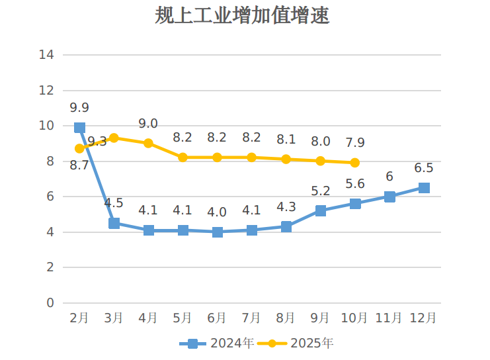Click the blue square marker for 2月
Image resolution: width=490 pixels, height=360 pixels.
pyautogui.click(x=80, y=128)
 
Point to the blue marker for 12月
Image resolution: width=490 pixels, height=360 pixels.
pyautogui.click(x=424, y=188)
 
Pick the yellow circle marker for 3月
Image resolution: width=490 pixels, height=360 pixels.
pyautogui.click(x=114, y=138)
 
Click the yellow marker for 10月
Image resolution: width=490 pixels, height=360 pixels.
pyautogui.click(x=355, y=163)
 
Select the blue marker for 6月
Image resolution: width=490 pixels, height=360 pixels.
pyautogui.click(x=218, y=232)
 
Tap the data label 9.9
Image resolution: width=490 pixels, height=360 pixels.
pyautogui.click(x=79, y=108)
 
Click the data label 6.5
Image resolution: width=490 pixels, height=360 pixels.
pyautogui.click(x=423, y=168)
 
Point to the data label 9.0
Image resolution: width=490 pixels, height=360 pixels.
pyautogui.click(x=148, y=124)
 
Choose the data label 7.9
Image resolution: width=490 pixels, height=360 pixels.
pyautogui.click(x=354, y=143)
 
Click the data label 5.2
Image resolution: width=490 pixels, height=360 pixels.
pyautogui.click(x=320, y=191)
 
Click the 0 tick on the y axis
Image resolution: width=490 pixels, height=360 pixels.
pyautogui.click(x=50, y=303)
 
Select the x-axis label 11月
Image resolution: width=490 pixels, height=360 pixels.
pyautogui.click(x=389, y=318)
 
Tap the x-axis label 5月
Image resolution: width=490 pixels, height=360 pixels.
pyautogui.click(x=183, y=318)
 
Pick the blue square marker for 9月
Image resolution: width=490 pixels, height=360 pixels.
pyautogui.click(x=321, y=211)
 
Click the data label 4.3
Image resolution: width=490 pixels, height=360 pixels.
pyautogui.click(x=286, y=207)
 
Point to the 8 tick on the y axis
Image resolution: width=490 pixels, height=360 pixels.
pyautogui.click(x=50, y=161)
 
